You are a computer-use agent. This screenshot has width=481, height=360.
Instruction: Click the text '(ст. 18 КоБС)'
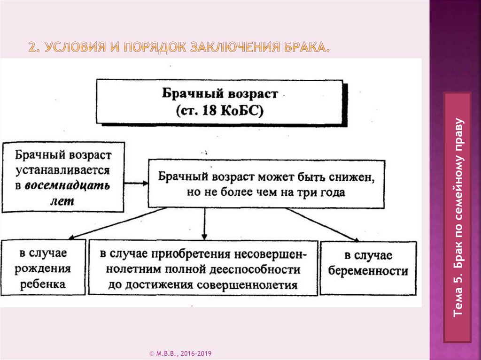tap(220, 111)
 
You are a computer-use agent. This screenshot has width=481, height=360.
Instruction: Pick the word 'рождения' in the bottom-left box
tap(43, 269)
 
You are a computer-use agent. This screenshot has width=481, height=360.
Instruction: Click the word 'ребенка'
tap(43, 284)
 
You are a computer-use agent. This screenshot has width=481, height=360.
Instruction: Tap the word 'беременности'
tap(368, 271)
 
